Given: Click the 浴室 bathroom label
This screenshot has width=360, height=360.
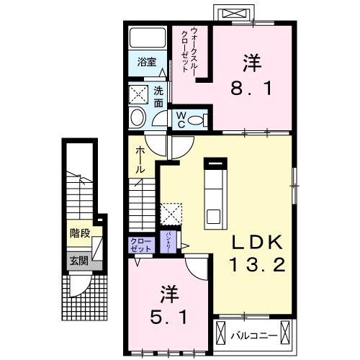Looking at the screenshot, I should [147, 63].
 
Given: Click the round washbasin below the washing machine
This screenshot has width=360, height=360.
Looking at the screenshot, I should [137, 118].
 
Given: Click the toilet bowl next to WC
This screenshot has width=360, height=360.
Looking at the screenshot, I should [201, 120].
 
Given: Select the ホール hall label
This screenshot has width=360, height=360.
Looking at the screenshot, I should [141, 158].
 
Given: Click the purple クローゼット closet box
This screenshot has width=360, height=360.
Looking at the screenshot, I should [141, 244].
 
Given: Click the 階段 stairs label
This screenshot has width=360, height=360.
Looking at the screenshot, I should [79, 233].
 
